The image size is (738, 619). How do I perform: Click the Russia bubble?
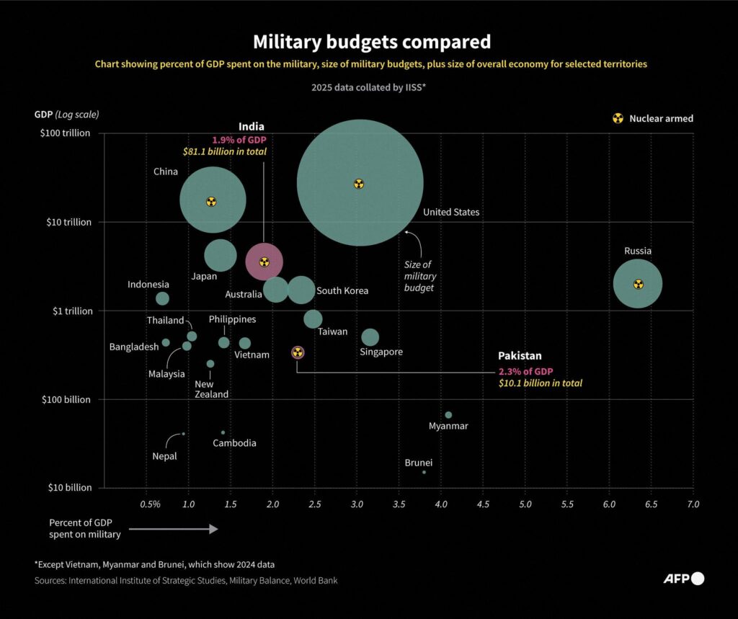click(637, 284)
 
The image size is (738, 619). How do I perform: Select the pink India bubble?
click(264, 262)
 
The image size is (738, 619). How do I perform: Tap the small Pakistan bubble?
click(298, 352)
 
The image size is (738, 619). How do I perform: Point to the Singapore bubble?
click(370, 337)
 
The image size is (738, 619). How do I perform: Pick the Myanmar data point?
click(448, 415)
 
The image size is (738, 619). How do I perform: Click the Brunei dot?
click(424, 472)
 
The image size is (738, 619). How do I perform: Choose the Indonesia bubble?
click(162, 298)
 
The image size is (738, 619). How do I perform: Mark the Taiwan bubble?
click(313, 319)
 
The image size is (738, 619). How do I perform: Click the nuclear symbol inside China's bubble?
click(211, 202)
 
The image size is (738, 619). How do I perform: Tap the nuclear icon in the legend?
click(618, 118)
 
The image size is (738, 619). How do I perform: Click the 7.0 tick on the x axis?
click(693, 504)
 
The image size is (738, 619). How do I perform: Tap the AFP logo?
click(683, 578)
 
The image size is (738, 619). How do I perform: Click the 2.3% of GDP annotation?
click(525, 370)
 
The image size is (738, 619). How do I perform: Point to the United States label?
click(451, 212)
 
